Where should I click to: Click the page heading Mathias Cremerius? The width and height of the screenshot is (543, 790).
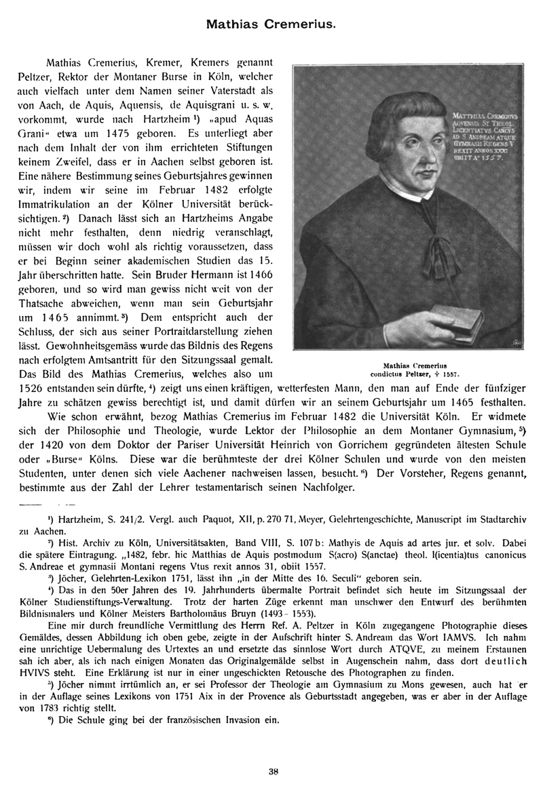pos(271,23)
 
